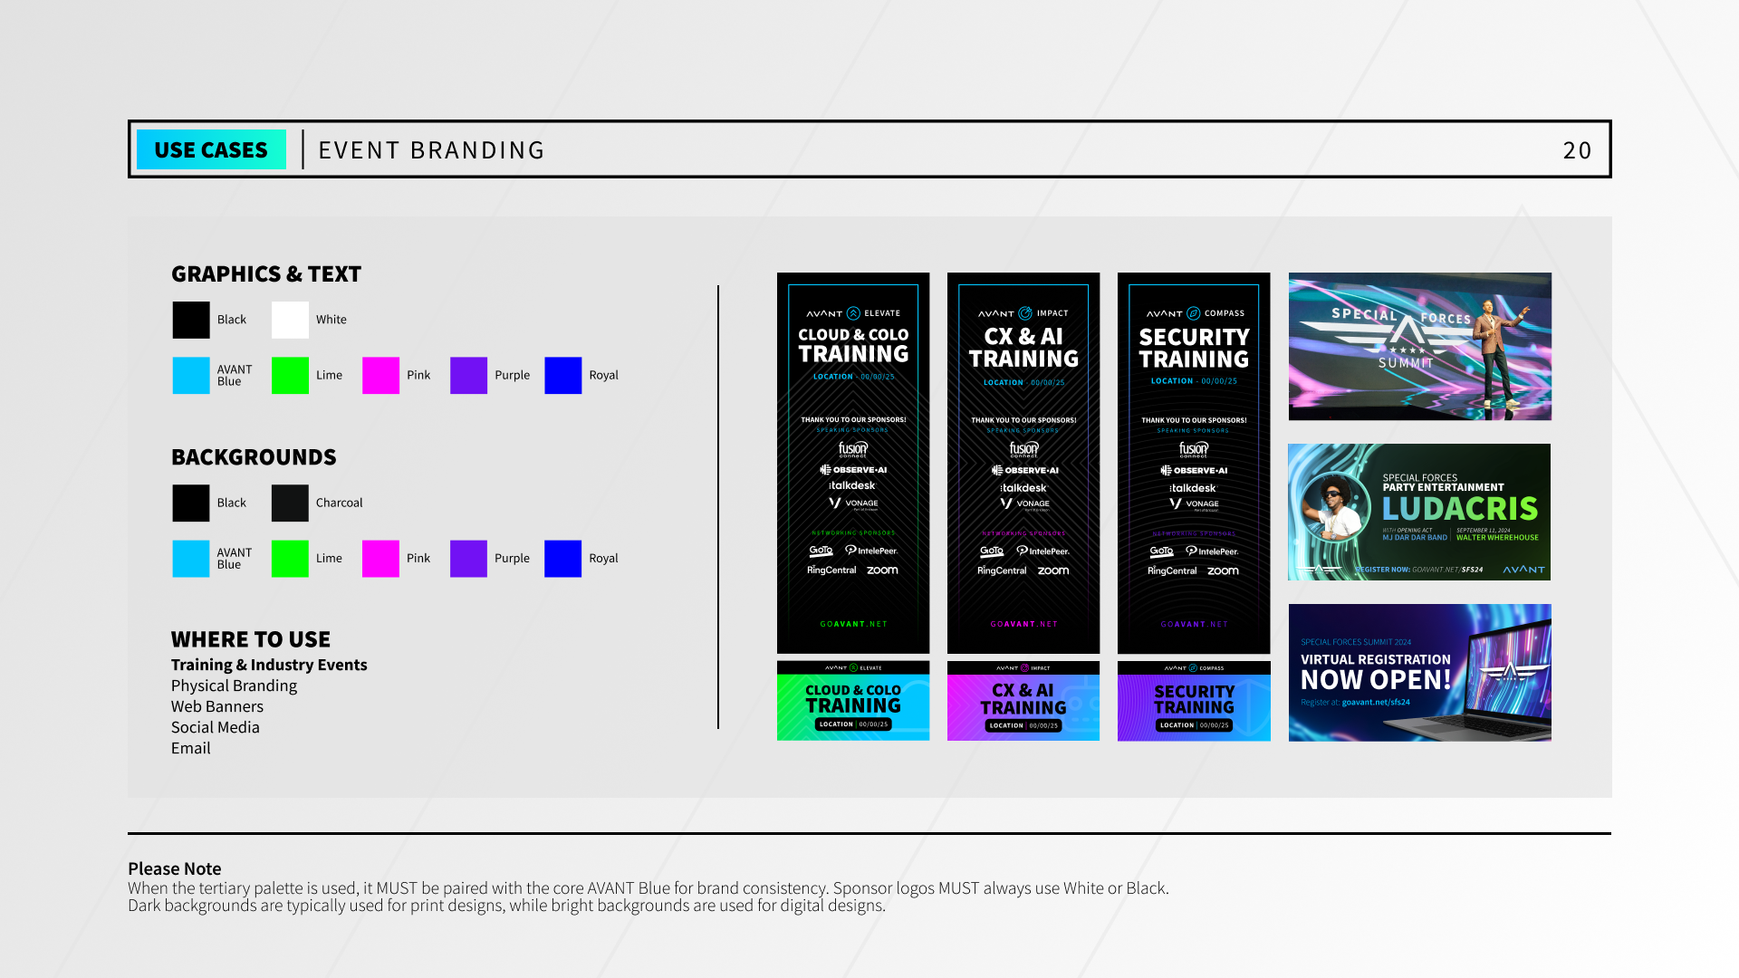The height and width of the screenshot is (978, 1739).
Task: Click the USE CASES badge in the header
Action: pyautogui.click(x=211, y=149)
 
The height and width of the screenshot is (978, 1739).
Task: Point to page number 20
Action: pyautogui.click(x=1577, y=150)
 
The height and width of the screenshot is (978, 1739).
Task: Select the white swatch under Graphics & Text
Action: pyautogui.click(x=290, y=320)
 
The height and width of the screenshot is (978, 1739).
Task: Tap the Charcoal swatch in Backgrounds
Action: pyautogui.click(x=290, y=503)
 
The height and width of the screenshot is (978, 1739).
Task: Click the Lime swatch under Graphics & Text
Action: pyautogui.click(x=290, y=375)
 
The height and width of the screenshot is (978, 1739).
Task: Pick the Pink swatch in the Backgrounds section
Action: pyautogui.click(x=380, y=558)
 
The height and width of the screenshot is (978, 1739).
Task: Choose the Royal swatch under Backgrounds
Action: pyautogui.click(x=562, y=558)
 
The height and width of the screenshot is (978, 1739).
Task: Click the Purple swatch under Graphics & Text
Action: pyautogui.click(x=468, y=375)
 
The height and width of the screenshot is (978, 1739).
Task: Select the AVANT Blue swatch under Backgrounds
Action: pyautogui.click(x=190, y=558)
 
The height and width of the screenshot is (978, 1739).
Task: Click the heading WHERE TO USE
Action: pyautogui.click(x=251, y=639)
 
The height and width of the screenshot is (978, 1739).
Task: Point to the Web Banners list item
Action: pyautogui.click(x=217, y=706)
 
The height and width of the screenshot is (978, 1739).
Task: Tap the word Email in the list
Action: pyautogui.click(x=191, y=748)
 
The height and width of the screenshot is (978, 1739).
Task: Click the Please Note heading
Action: pyautogui.click(x=175, y=868)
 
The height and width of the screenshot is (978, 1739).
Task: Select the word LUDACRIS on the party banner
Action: pyautogui.click(x=1460, y=508)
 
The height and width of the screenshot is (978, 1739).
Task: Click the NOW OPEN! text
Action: pyautogui.click(x=1376, y=680)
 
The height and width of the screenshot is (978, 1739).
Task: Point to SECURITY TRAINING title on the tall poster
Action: pyautogui.click(x=1194, y=349)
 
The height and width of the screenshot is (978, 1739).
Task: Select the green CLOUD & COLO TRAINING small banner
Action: pyautogui.click(x=853, y=701)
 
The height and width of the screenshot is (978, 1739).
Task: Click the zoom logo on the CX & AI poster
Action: pyautogui.click(x=1053, y=570)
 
